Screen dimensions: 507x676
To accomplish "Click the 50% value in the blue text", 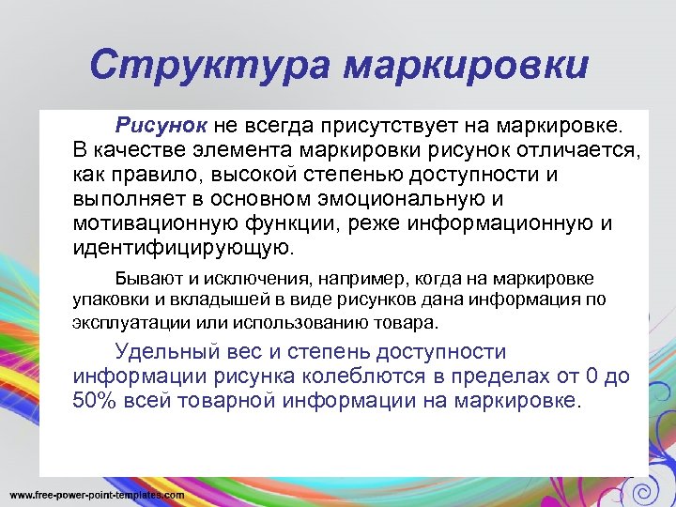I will coord(93,401).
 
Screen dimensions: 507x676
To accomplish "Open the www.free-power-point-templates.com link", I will coord(97,494).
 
